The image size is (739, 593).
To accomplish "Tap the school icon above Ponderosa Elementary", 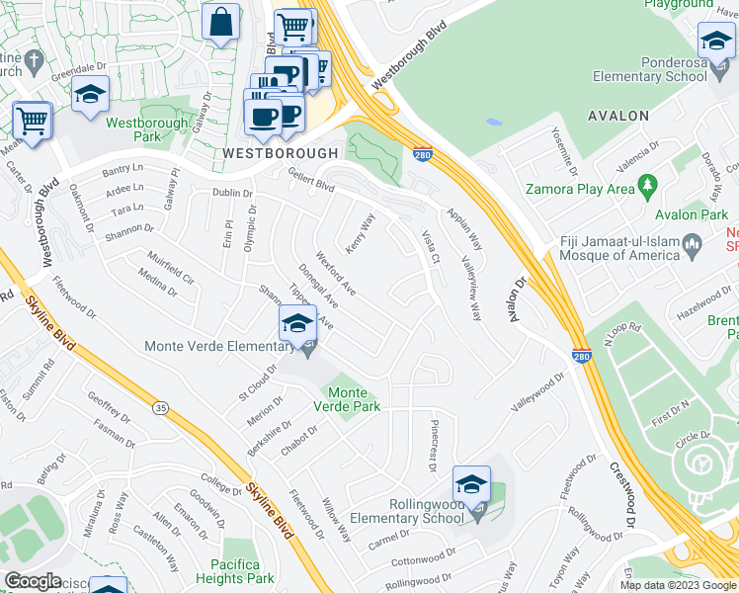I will (716, 42).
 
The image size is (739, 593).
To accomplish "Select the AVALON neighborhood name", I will (618, 116).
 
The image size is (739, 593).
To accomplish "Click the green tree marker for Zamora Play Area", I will (648, 185).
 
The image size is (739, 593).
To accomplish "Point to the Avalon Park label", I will (692, 214).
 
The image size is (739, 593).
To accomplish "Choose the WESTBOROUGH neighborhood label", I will (280, 153).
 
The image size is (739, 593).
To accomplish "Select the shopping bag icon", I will (221, 21).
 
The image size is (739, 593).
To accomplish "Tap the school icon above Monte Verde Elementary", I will (297, 322).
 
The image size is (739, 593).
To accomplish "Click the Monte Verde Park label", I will (347, 398).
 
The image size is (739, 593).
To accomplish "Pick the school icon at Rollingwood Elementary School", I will (472, 486).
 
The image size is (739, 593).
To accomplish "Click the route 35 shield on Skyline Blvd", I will (160, 405).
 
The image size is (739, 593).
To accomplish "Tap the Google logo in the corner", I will (33, 581).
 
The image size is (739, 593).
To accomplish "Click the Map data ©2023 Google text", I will (677, 585).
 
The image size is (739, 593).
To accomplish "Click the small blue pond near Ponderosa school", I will (493, 123).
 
